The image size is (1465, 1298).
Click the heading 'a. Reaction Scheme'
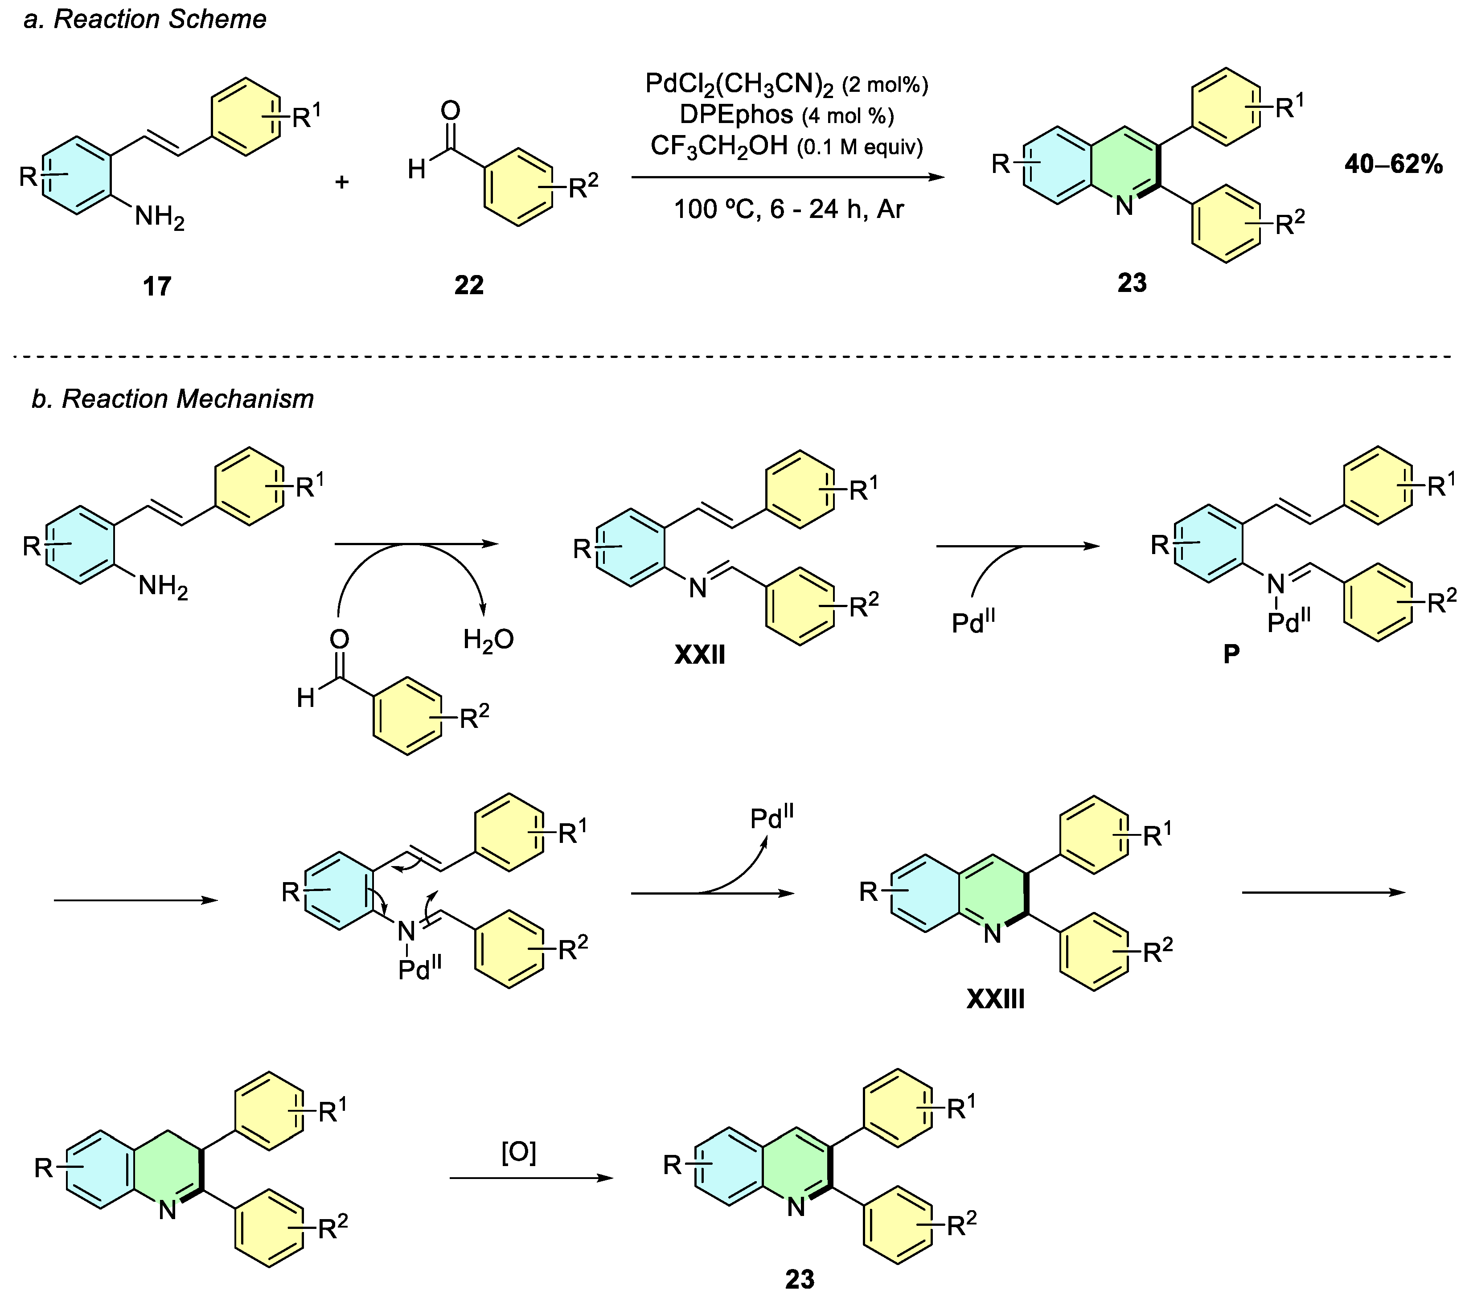(145, 19)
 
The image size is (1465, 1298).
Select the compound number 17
(157, 287)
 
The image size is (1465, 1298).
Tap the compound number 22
(469, 285)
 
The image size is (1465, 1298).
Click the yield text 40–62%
(1393, 165)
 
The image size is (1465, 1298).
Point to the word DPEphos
(736, 115)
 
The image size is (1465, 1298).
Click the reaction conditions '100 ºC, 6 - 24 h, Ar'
(788, 209)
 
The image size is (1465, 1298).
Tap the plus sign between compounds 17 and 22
(342, 182)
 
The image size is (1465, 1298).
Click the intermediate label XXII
(700, 654)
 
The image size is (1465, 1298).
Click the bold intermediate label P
(1231, 653)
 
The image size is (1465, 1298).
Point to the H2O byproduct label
(488, 639)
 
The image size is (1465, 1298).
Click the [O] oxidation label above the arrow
(518, 1153)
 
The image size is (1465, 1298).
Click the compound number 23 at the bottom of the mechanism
(800, 1279)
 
